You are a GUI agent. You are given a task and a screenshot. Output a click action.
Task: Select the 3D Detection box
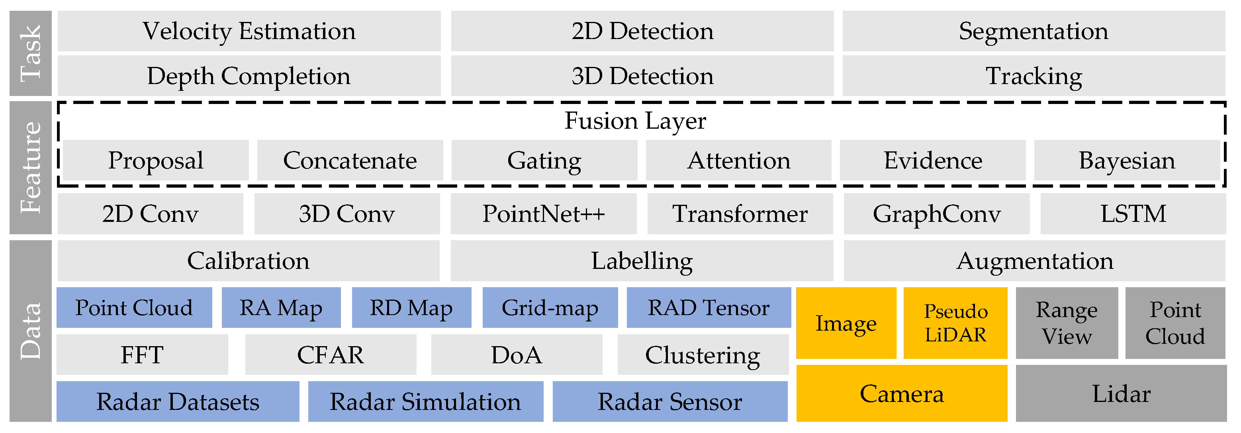click(x=642, y=76)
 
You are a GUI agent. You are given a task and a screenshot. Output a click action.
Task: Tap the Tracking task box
click(x=1034, y=76)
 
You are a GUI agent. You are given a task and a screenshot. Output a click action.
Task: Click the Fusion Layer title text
click(x=635, y=120)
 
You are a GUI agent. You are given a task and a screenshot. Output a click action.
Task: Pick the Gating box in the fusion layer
click(x=544, y=161)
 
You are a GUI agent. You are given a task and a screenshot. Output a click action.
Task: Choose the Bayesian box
click(x=1127, y=161)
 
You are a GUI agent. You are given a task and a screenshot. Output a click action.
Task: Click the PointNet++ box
click(x=543, y=214)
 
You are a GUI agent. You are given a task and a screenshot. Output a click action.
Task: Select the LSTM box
click(x=1133, y=214)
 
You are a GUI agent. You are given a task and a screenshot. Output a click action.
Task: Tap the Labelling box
click(x=642, y=261)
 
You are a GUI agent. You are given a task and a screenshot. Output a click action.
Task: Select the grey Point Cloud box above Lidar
click(x=1175, y=323)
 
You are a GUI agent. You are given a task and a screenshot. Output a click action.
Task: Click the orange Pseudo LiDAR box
click(x=955, y=323)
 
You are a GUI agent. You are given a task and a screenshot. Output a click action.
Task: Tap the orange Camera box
click(x=901, y=394)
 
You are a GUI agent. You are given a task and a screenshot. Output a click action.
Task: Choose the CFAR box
click(x=331, y=355)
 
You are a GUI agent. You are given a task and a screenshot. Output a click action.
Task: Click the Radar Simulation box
click(x=425, y=402)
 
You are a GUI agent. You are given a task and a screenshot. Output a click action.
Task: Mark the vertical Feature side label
click(x=30, y=168)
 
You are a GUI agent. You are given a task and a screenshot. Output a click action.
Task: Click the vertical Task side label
click(x=30, y=53)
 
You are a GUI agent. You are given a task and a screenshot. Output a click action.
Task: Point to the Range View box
click(x=1067, y=323)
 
